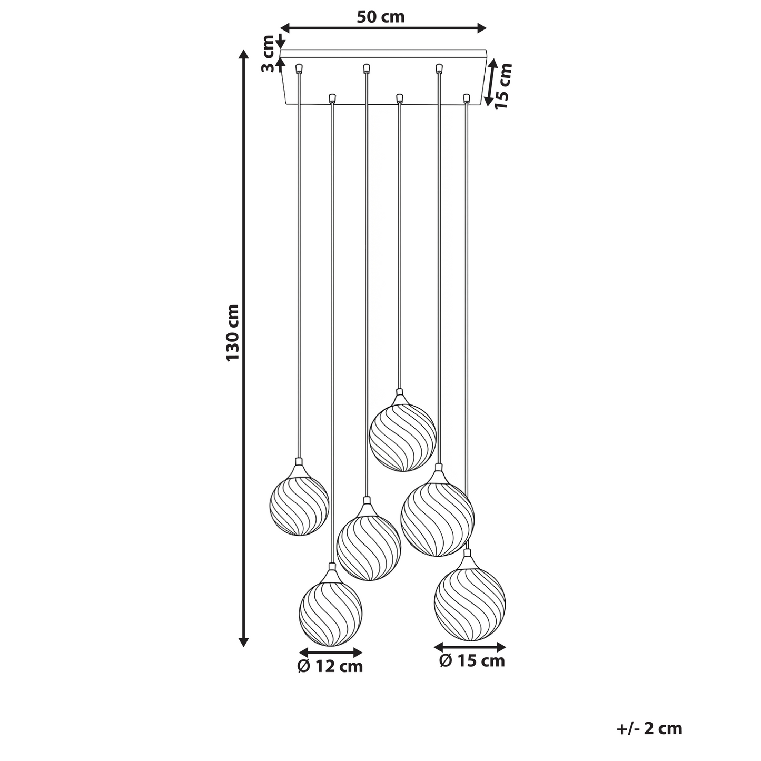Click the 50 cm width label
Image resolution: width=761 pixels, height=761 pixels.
(x=381, y=17)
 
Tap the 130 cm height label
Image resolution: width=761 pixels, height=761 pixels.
(x=233, y=332)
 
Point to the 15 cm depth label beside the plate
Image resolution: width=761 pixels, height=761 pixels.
(x=504, y=86)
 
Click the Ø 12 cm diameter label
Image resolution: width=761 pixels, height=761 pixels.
(x=330, y=666)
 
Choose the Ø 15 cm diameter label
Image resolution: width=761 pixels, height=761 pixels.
(x=472, y=661)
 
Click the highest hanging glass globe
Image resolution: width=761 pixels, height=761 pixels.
(x=403, y=438)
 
